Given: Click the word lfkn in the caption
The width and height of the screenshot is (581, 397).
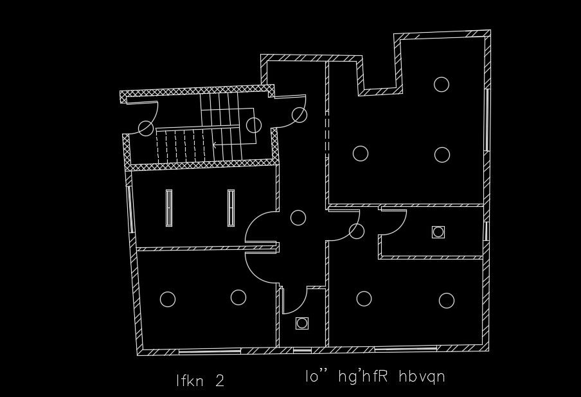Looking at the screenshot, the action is (191, 381).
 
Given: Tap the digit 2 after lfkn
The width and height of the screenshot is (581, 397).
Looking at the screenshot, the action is (220, 381).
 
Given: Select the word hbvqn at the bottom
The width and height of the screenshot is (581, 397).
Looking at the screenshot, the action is (422, 376).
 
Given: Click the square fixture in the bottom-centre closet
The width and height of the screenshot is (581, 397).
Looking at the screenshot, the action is (302, 323).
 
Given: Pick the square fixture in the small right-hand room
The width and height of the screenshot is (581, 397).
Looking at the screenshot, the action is (438, 232).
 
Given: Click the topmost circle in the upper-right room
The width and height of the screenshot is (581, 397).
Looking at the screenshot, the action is (441, 84).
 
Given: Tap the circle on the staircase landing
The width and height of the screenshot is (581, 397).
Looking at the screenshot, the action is (254, 125).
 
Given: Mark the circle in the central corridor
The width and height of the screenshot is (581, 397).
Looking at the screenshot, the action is (298, 217).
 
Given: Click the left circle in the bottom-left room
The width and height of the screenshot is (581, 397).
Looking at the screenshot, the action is (168, 299).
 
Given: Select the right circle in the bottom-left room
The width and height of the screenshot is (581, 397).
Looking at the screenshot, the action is (238, 297).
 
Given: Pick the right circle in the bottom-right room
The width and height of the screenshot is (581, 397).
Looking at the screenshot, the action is (447, 300).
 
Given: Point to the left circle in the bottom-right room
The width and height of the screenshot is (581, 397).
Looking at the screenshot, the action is (364, 299).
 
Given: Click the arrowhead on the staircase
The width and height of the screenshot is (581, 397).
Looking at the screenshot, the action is (215, 145).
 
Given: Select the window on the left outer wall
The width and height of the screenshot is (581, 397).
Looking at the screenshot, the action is (130, 209).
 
